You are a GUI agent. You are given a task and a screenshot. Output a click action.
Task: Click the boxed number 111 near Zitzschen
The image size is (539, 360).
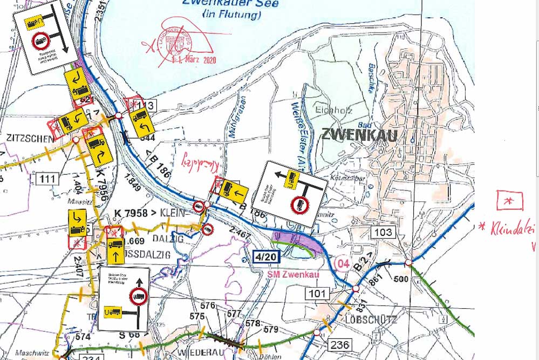[x=47, y=178]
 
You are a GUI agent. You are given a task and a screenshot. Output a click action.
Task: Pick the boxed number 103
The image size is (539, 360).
[x=383, y=233]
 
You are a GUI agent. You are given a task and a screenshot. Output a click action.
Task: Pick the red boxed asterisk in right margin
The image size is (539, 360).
[x=509, y=200]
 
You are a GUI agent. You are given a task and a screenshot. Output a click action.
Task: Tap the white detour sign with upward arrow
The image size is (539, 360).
[x=124, y=298]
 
